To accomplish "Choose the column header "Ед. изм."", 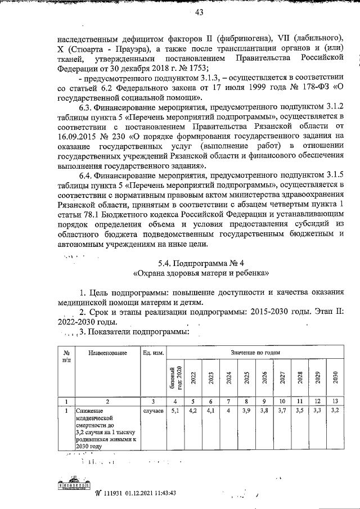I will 153,352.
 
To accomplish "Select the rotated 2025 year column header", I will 246,376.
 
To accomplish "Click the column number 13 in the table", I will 335,401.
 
